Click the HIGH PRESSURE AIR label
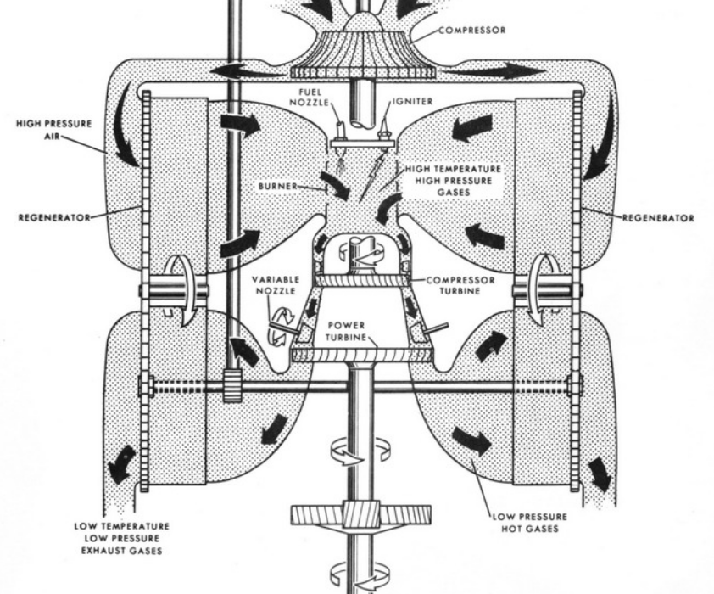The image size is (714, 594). [53, 128]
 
